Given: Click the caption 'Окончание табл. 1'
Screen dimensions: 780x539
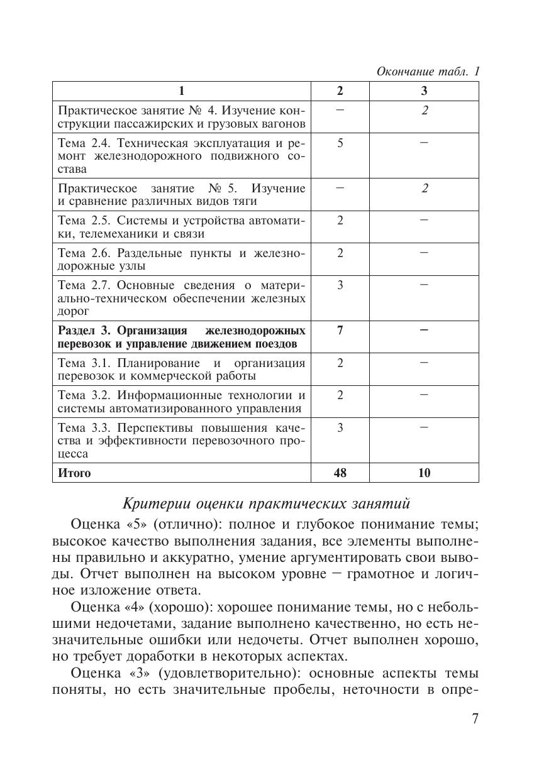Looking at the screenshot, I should (x=428, y=72).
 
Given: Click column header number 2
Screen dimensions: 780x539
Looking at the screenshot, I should (x=340, y=91).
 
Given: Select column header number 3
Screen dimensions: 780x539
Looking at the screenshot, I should (x=424, y=91).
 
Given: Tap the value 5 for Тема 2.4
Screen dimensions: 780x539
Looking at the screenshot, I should (x=340, y=143).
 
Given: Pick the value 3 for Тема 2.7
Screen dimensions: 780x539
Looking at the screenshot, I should (x=340, y=285).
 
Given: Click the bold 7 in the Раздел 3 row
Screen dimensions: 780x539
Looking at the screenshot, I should (x=340, y=330).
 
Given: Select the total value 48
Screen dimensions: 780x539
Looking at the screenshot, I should (x=340, y=473).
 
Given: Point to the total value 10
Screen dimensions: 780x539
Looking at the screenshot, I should (x=424, y=473).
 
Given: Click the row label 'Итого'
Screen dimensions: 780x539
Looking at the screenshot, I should (x=74, y=473).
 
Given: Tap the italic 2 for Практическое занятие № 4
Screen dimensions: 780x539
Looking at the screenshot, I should (x=425, y=110).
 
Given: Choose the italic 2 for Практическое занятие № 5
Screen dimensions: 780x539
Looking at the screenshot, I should (x=425, y=188).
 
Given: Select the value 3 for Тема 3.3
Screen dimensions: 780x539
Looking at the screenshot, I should (x=340, y=427).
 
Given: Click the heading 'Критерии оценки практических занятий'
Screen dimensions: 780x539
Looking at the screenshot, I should (x=266, y=503).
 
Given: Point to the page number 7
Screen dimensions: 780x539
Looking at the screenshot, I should (x=475, y=719).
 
